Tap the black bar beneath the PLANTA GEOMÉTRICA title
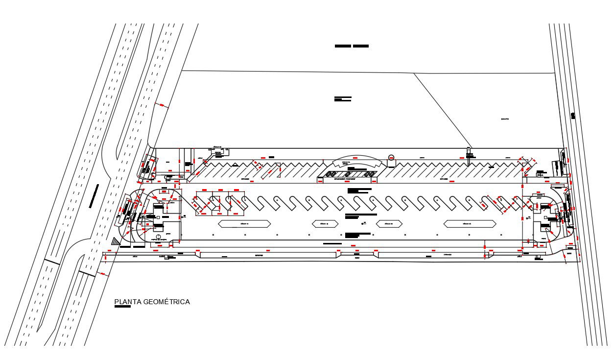122,308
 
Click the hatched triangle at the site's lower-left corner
116,241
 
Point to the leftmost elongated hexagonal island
244,224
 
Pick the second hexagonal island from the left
325,224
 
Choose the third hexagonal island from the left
389,224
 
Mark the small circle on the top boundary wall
391,157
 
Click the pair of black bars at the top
352,46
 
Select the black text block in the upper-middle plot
343,99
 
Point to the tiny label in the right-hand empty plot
505,119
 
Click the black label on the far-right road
573,116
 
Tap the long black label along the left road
94,196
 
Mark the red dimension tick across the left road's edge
161,105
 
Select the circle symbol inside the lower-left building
158,237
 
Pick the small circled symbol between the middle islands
363,223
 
